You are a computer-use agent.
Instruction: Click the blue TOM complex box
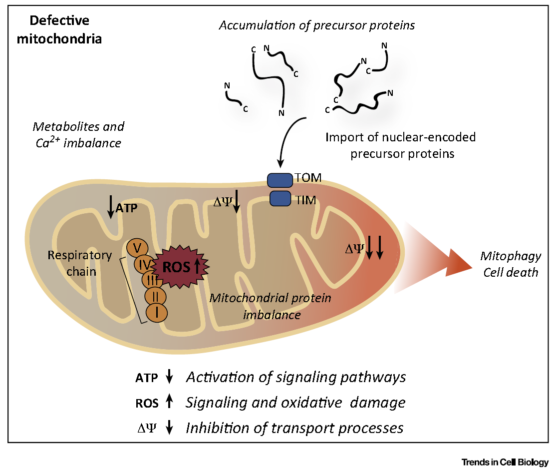280,180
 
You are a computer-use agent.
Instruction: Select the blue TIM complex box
280,199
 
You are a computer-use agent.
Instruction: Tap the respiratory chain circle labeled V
137,248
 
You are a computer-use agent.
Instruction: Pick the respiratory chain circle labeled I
157,313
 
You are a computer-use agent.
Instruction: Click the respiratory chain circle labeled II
155,296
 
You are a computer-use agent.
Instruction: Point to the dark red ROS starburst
181,266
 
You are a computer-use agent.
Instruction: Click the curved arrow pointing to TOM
288,140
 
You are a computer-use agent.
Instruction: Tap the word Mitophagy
511,256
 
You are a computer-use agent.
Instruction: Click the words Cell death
511,272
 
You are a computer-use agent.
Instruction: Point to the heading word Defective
59,20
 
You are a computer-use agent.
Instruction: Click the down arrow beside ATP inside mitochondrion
111,206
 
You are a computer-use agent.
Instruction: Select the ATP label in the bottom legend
146,378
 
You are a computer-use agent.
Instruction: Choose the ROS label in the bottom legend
147,403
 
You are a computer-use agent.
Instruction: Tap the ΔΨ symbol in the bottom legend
146,428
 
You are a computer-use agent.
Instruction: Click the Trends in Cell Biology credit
505,462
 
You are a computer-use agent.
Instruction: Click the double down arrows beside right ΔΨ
374,247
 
